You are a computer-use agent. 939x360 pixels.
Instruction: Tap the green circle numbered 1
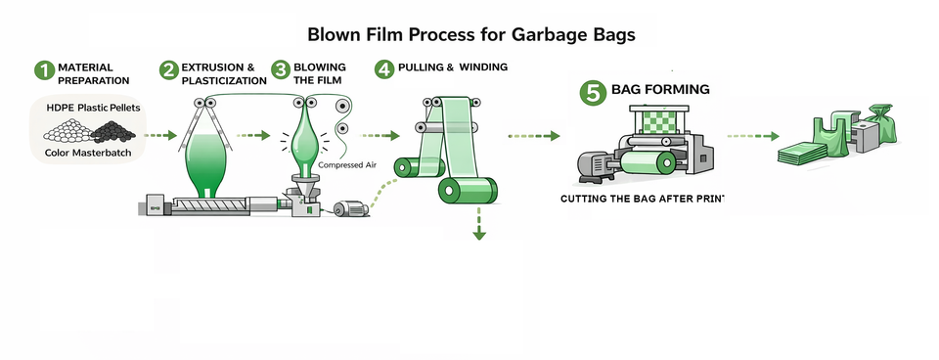44,69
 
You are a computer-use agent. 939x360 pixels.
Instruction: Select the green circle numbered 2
169,69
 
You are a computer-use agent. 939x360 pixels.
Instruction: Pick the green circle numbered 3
281,69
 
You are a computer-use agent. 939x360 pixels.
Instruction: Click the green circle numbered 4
384,69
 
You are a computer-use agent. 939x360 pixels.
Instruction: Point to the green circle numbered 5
593,92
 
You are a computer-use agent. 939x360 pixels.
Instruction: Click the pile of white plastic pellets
68,130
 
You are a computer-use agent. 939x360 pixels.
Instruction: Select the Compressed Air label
347,164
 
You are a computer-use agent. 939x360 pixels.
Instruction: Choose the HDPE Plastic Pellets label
94,108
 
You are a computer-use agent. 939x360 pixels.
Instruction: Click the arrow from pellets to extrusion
160,135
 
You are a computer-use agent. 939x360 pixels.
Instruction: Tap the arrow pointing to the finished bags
753,136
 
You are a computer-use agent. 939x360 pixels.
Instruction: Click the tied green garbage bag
881,123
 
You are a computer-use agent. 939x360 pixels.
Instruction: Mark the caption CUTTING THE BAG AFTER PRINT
643,199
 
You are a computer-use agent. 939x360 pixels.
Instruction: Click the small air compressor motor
350,208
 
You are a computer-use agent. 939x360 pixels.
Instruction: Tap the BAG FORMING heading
660,89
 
